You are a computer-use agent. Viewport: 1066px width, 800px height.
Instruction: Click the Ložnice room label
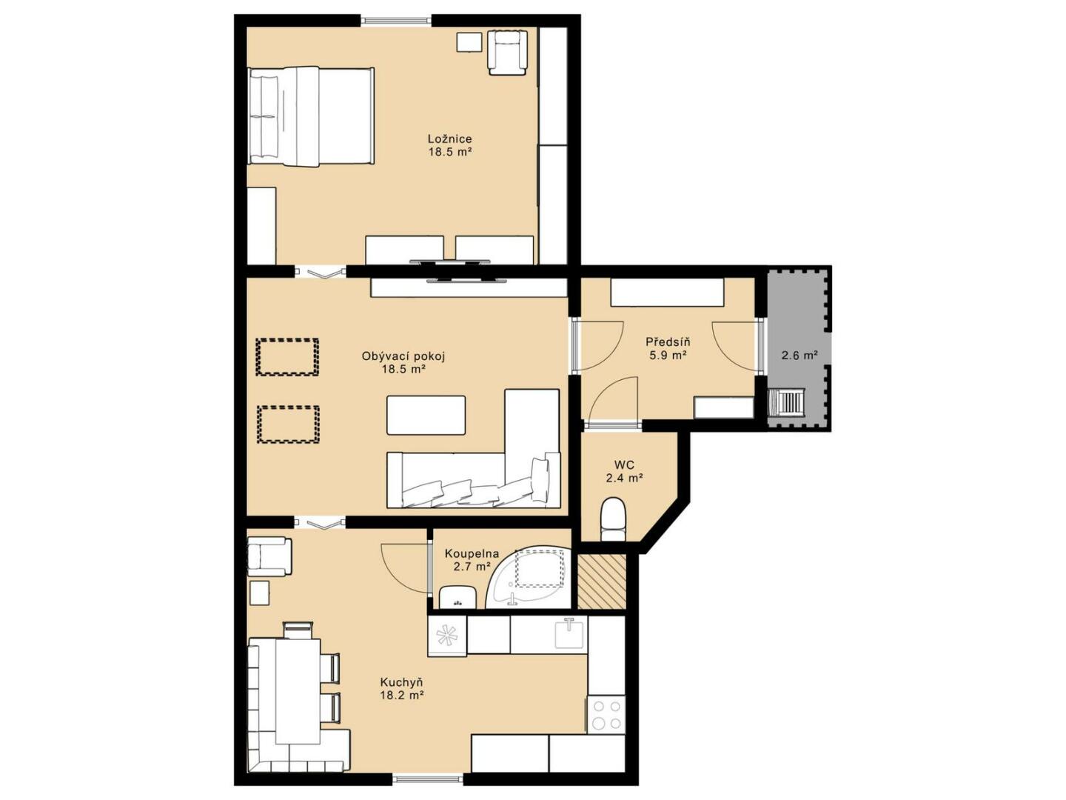[449, 139]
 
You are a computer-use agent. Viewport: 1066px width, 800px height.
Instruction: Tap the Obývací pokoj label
[403, 356]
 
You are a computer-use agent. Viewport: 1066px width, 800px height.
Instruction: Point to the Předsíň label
[668, 341]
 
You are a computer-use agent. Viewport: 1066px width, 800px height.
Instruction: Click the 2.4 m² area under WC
[624, 478]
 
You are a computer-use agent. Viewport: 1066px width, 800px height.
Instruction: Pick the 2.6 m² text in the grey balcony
[799, 355]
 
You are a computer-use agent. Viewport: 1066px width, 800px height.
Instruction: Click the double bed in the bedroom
[311, 116]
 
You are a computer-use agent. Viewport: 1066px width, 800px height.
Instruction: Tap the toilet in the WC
[614, 520]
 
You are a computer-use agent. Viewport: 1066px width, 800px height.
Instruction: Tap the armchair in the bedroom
[507, 53]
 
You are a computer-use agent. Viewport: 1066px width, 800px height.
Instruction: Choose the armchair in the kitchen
[269, 556]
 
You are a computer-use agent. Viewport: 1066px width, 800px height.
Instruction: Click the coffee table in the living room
[426, 415]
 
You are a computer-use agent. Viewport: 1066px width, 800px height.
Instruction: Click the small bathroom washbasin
[457, 596]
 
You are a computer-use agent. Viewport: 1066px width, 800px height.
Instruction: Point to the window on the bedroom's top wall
[396, 21]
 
